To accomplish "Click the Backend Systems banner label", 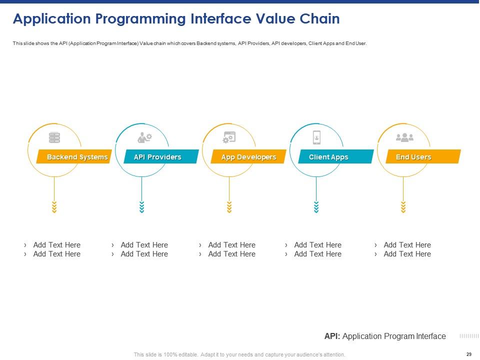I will tap(77, 157).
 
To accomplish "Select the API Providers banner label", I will tap(157, 157).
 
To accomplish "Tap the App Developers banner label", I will tap(248, 157).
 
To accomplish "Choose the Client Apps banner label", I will tap(328, 157).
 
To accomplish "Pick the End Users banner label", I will tap(413, 157).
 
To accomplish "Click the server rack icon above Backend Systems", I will tap(54, 137).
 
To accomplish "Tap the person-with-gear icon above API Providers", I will tap(144, 137).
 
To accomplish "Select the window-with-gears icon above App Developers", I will tap(229, 137).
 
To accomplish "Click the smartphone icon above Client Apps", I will tap(316, 137).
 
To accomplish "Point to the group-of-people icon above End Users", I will tap(404, 137).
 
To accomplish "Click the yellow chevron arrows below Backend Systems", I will tap(54, 207).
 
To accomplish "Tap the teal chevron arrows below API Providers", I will tap(141, 207).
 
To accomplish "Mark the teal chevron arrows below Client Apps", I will tap(316, 207).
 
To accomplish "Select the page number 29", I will tap(468, 354).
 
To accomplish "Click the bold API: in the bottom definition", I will tap(332, 336).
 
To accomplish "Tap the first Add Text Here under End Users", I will tap(406, 245).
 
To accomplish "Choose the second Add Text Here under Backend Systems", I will tap(56, 254).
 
